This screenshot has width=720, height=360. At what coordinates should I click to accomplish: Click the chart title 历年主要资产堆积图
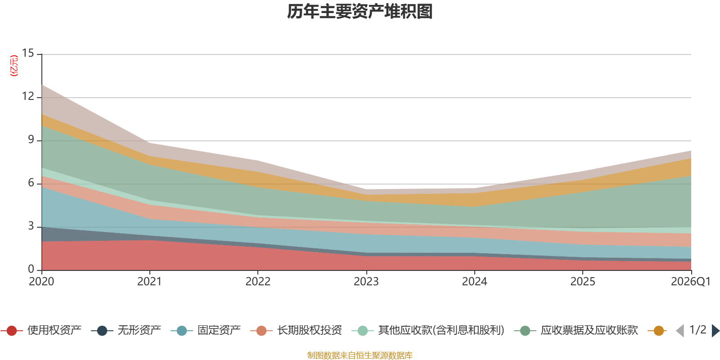[x=360, y=12]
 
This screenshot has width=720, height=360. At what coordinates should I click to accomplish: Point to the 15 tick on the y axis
[x=28, y=54]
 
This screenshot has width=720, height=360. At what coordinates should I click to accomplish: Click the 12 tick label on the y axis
[x=28, y=97]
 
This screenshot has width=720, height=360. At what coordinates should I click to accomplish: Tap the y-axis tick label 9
[x=31, y=140]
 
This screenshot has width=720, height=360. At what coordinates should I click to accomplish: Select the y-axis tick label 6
[x=31, y=183]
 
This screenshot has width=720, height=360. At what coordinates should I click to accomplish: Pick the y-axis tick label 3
[x=31, y=226]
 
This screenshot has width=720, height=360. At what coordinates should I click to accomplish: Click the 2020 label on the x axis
[x=41, y=282]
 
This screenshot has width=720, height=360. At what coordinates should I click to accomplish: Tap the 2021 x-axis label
[x=149, y=282]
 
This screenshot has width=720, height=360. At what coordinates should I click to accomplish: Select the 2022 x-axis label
[x=258, y=282]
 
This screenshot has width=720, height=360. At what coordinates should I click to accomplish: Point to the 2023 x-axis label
[x=366, y=282]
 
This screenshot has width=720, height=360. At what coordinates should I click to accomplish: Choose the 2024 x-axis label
[x=474, y=282]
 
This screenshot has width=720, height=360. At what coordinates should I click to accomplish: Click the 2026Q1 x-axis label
[x=690, y=282]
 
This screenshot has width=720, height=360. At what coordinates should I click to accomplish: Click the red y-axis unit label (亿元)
[x=14, y=66]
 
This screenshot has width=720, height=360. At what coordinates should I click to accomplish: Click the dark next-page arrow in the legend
[x=715, y=331]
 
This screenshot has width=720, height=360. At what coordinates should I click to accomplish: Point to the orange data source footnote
[x=360, y=355]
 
